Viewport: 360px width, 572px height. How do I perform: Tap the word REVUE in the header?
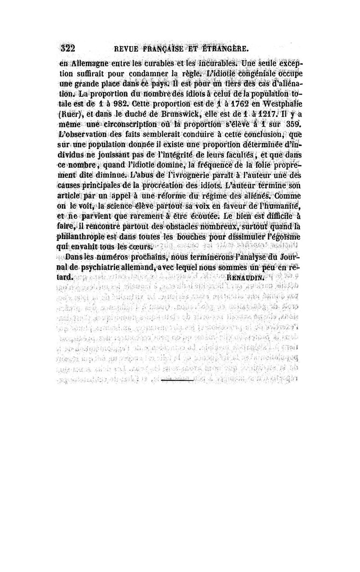tap(129, 49)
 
